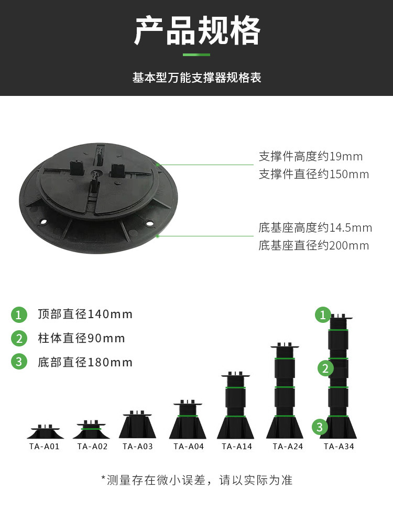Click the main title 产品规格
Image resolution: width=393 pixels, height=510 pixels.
point(196,30)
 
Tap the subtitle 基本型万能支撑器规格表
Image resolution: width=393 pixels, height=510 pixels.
point(196,78)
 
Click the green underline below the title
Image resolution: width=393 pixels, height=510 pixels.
point(196,55)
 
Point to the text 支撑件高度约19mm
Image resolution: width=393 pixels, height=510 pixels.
point(310,156)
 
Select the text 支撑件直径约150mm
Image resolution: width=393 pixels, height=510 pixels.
point(313,174)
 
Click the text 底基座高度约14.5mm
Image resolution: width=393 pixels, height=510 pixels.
point(315,227)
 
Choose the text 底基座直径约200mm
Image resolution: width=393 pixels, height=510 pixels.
point(313,245)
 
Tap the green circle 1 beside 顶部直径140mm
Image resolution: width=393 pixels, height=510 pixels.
point(19,314)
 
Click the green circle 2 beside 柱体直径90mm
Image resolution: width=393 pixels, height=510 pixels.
point(19,339)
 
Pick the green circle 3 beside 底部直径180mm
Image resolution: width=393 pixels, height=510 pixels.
point(19,362)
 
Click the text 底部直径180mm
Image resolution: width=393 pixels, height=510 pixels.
point(85,362)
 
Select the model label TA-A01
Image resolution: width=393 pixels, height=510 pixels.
point(45,447)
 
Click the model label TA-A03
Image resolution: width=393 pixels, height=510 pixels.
point(138,447)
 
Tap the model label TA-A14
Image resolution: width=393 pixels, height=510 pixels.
point(237,447)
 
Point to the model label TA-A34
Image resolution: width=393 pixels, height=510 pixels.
point(339,447)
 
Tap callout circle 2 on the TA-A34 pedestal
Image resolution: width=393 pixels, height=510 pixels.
point(325,368)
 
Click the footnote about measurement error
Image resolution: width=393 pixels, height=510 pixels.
point(196,480)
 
